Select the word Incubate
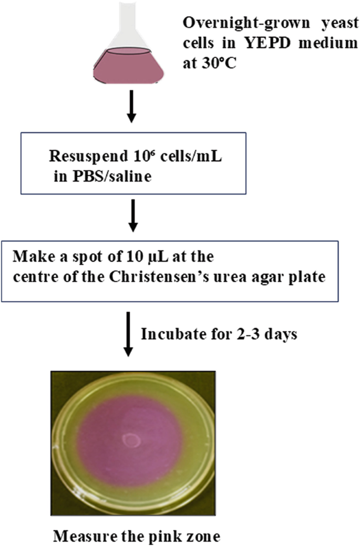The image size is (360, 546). (166, 335)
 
